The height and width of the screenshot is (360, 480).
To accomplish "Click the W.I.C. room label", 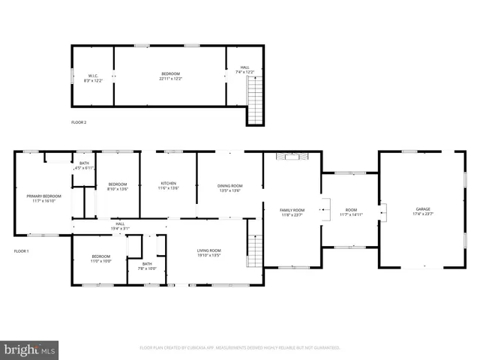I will click(94, 76).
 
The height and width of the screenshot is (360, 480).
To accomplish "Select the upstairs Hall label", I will click(245, 70).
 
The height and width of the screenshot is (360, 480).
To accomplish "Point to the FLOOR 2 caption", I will click(79, 121).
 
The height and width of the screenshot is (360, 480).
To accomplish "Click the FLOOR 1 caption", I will click(21, 250).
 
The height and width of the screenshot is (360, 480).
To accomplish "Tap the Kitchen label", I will click(169, 187).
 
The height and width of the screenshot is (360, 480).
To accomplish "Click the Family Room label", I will click(292, 212).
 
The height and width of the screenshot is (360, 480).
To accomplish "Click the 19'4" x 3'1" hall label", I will click(120, 225).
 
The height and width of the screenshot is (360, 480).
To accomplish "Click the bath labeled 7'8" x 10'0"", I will click(147, 265).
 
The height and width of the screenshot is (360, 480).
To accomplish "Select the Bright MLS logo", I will click(29, 349).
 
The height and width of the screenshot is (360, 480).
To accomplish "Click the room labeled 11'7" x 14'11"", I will click(351, 212).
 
